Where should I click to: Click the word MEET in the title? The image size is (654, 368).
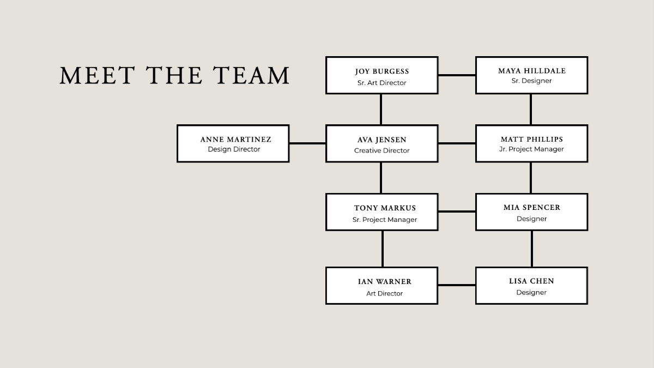(97, 75)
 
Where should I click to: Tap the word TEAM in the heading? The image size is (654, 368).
(251, 75)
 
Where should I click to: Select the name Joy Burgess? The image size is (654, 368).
(382, 71)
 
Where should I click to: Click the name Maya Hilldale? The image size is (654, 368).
(532, 71)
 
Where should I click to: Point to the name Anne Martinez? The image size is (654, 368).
(235, 140)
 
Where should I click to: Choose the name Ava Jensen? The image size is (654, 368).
(382, 140)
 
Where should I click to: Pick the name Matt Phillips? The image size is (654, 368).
(532, 139)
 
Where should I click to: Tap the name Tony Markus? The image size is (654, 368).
(385, 208)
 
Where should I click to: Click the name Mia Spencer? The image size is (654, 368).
(532, 207)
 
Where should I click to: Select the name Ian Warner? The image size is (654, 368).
(385, 281)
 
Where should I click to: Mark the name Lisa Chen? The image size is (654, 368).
(531, 281)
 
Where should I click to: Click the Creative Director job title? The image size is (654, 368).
(381, 150)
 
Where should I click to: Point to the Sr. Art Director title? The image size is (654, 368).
(381, 83)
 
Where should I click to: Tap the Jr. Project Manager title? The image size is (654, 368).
(531, 149)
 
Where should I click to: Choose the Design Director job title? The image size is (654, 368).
(234, 149)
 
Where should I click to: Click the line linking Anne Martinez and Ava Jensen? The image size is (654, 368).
(307, 143)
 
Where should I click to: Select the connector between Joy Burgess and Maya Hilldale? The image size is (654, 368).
(457, 75)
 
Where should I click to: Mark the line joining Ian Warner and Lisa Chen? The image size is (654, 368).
(457, 285)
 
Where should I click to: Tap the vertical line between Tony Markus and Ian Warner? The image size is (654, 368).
(383, 249)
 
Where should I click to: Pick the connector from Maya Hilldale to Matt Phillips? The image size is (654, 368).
(530, 110)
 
